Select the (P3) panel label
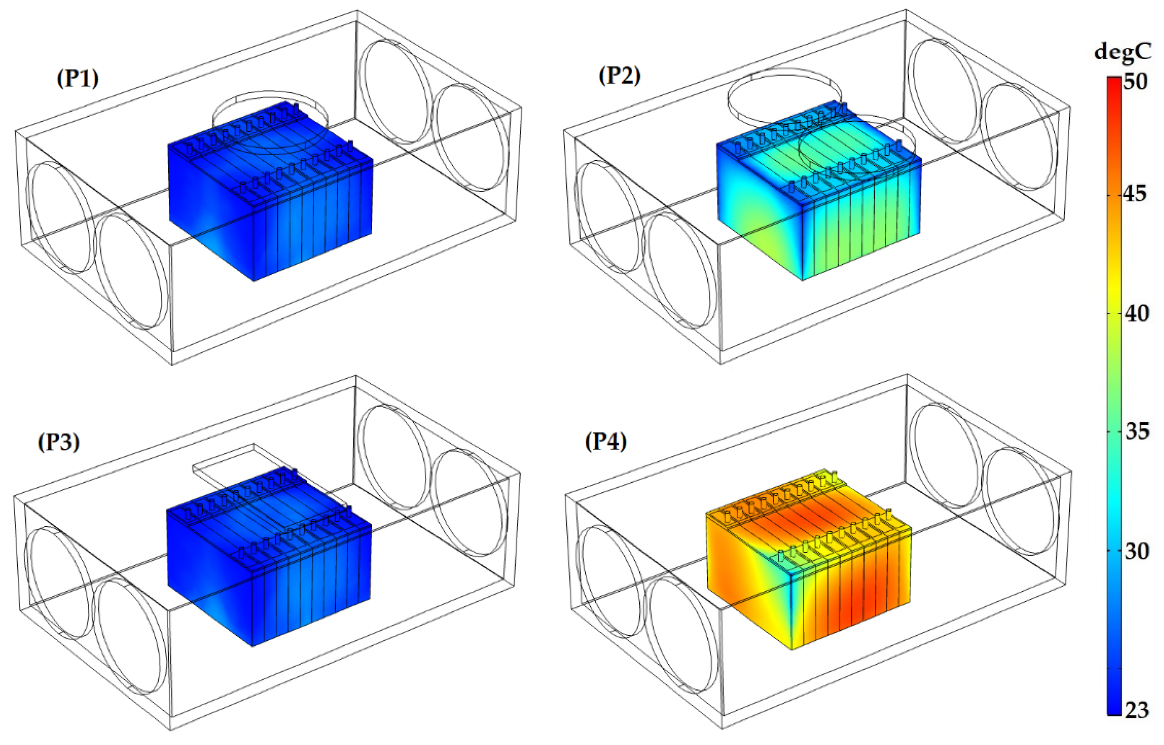click(x=59, y=441)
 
